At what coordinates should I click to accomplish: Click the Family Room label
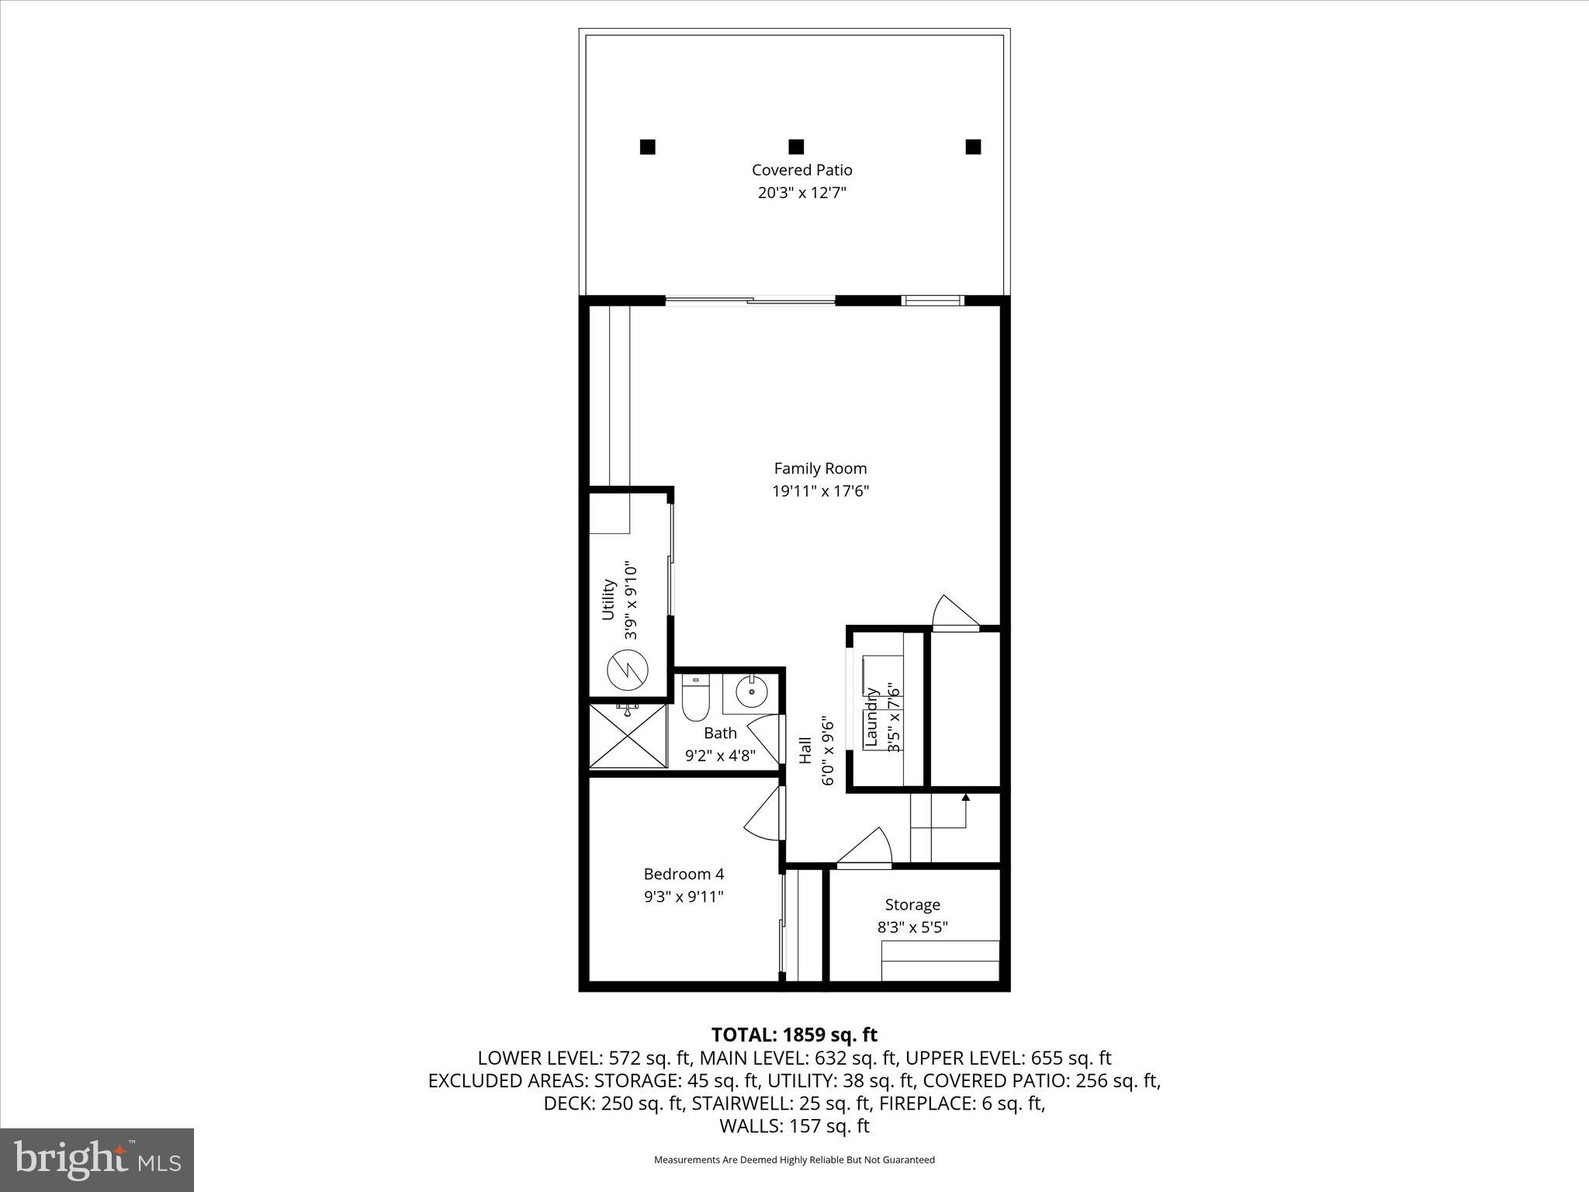[820, 468]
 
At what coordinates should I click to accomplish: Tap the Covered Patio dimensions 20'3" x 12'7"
[801, 192]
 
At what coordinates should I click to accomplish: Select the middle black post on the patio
[795, 147]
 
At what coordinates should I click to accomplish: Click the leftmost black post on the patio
[647, 147]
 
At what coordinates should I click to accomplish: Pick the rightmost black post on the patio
[973, 147]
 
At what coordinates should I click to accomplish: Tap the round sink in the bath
[751, 691]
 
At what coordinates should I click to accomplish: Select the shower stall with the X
[628, 736]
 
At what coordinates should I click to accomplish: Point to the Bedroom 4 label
[684, 874]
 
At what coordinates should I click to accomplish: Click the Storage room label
[912, 904]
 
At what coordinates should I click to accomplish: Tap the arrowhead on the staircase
[965, 797]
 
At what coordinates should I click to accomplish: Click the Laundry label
[871, 718]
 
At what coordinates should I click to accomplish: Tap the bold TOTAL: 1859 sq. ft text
[794, 1034]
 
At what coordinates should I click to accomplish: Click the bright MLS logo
[97, 1159]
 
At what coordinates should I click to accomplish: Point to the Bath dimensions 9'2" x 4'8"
[720, 755]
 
